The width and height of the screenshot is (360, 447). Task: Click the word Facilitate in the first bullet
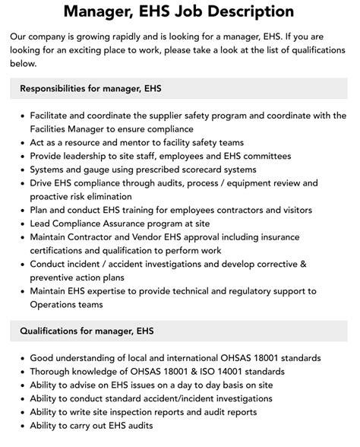coord(52,116)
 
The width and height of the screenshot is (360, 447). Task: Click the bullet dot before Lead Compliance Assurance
coord(21,224)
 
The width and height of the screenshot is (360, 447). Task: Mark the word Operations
coord(56,305)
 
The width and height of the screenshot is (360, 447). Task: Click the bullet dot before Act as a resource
coord(21,143)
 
